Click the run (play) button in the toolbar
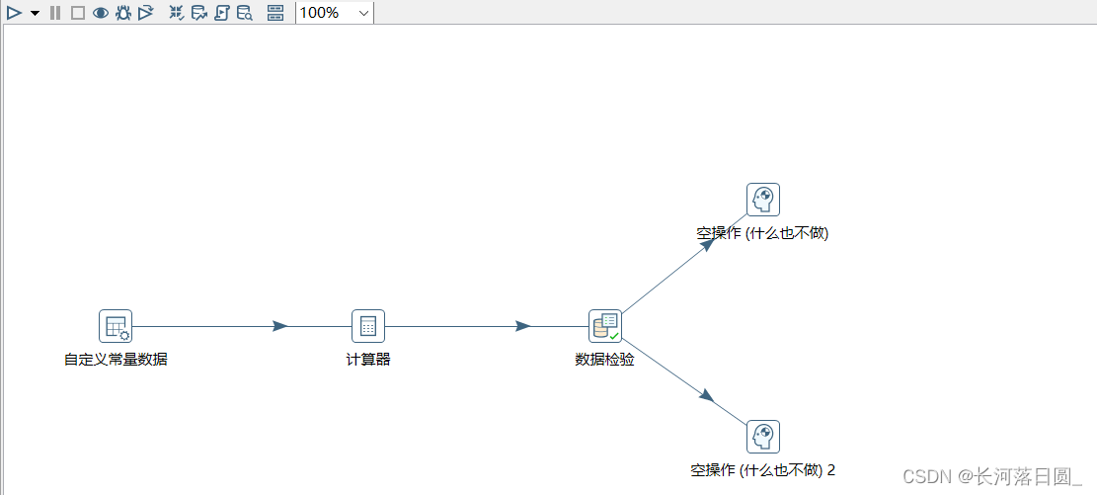[x=14, y=13]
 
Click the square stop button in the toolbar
[x=77, y=13]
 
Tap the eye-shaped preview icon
[x=100, y=13]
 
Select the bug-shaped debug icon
[x=122, y=13]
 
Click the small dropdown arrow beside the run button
[x=36, y=13]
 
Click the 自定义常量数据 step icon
[x=116, y=326]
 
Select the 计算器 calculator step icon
[x=368, y=326]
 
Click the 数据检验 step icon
[x=605, y=326]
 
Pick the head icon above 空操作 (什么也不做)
[x=763, y=200]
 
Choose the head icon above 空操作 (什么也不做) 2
[x=763, y=437]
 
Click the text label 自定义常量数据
[x=116, y=360]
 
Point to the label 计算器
[x=368, y=360]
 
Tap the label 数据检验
[x=604, y=360]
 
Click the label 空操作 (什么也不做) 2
[x=763, y=470]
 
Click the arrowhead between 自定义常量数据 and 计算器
[x=279, y=326]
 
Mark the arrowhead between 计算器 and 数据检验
[x=523, y=326]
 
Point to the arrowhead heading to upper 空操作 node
[x=706, y=243]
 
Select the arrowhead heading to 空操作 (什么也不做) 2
[x=706, y=395]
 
